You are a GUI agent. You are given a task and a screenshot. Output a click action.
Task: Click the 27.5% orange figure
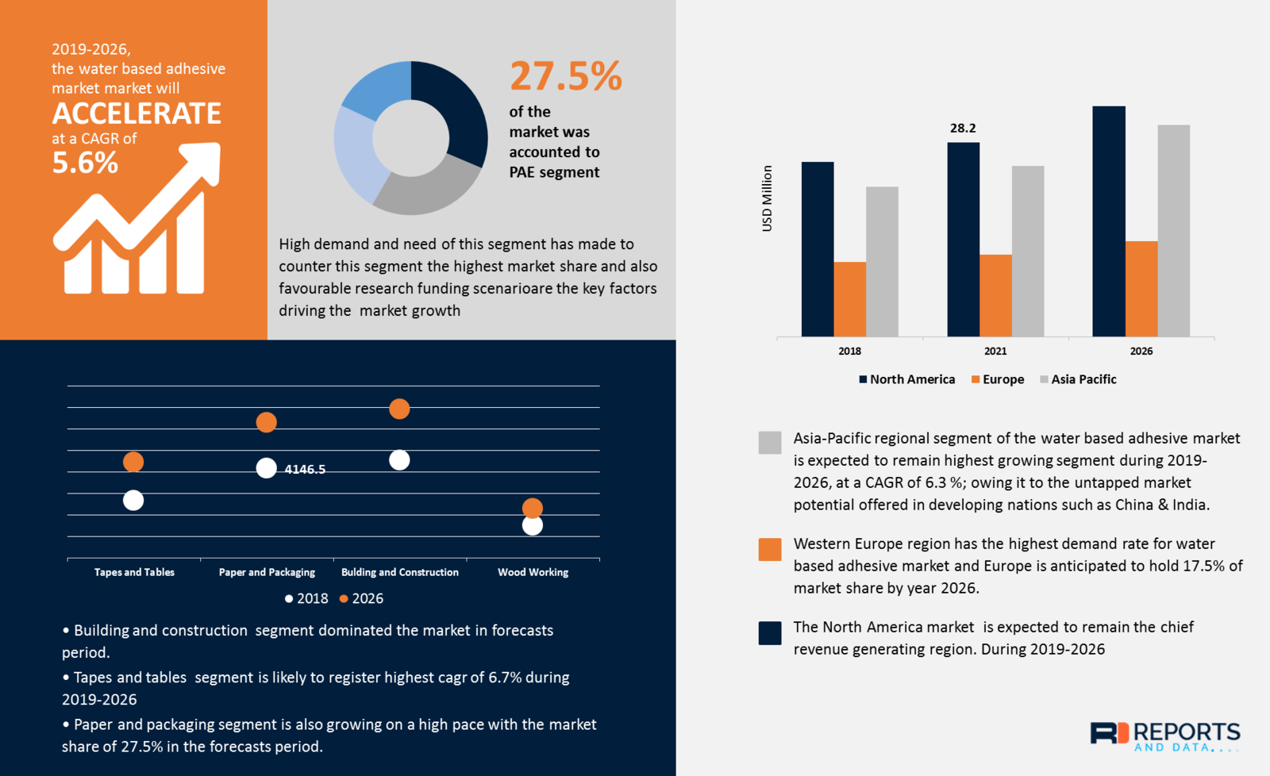pyautogui.click(x=565, y=77)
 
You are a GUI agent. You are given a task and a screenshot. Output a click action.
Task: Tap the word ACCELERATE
pyautogui.click(x=137, y=113)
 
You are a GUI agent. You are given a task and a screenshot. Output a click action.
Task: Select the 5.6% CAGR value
pyautogui.click(x=85, y=163)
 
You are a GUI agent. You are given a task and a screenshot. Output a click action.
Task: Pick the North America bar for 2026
pyautogui.click(x=1108, y=222)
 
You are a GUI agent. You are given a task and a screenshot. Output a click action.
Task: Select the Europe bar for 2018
pyautogui.click(x=849, y=299)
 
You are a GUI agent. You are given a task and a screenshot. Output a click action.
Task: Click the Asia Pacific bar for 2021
pyautogui.click(x=1027, y=251)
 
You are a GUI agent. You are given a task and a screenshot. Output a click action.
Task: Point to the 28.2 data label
pyautogui.click(x=963, y=128)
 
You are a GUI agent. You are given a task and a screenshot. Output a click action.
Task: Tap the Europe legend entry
pyautogui.click(x=998, y=379)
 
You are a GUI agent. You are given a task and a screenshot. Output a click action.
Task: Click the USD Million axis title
pyautogui.click(x=767, y=198)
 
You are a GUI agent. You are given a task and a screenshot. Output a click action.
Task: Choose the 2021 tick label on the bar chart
pyautogui.click(x=995, y=351)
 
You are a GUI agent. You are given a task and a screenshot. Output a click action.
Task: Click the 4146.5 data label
pyautogui.click(x=305, y=469)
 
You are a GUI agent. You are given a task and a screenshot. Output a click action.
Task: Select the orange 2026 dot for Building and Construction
pyautogui.click(x=399, y=409)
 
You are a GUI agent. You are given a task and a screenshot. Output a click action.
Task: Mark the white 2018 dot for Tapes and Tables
pyautogui.click(x=133, y=500)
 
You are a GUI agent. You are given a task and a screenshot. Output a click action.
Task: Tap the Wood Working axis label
pyautogui.click(x=533, y=572)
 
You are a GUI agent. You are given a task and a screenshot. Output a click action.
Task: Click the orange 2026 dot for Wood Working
pyautogui.click(x=533, y=508)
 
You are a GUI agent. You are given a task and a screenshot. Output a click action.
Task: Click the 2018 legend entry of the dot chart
pyautogui.click(x=306, y=598)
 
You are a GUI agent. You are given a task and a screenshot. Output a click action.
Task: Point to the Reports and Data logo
pyautogui.click(x=1164, y=736)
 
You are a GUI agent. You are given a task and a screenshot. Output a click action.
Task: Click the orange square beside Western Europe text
pyautogui.click(x=769, y=549)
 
